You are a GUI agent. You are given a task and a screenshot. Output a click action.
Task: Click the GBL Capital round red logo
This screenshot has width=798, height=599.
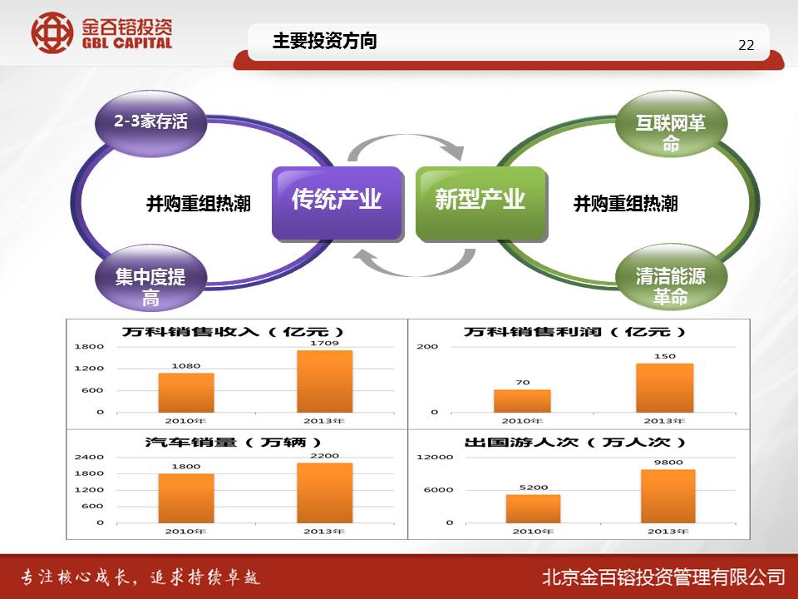52,32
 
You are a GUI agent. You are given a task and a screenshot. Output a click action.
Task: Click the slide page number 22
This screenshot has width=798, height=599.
746,45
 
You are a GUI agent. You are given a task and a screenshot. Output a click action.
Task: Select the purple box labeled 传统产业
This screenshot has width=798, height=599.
337,203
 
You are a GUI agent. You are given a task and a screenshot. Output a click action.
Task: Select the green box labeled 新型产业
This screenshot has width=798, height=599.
481,203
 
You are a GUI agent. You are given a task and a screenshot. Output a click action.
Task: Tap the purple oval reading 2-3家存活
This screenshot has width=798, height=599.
150,122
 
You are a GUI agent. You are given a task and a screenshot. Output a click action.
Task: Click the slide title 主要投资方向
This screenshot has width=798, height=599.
325,41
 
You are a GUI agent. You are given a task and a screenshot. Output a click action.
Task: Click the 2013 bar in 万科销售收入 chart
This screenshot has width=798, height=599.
325,381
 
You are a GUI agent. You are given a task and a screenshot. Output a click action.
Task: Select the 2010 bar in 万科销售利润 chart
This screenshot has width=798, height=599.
522,401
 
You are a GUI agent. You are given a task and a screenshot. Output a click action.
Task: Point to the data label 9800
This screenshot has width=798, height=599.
668,463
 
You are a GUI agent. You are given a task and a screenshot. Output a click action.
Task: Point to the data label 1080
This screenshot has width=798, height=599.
185,366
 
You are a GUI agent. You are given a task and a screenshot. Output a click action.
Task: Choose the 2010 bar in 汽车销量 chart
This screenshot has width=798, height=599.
186,498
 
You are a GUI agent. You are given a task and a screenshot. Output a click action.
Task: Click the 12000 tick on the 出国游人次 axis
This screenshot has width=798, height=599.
435,457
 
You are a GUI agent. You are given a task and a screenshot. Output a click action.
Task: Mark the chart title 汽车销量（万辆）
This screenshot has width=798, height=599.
233,442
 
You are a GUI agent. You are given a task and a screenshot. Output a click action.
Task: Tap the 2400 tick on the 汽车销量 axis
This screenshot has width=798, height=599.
89,457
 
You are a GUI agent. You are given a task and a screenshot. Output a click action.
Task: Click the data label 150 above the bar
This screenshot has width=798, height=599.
665,356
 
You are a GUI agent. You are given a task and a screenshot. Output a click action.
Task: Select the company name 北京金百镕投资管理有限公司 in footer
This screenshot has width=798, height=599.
663,577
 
